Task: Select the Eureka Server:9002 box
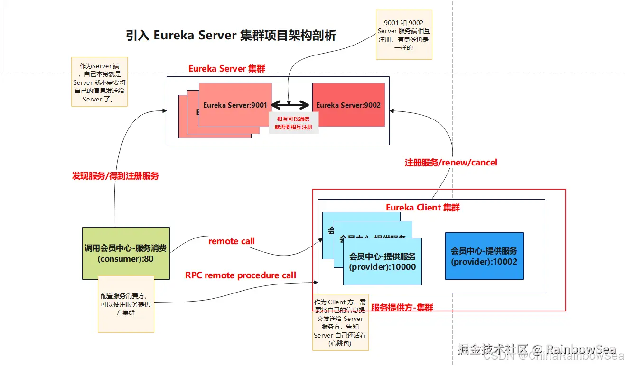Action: tap(348, 105)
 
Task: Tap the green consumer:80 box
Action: tap(126, 253)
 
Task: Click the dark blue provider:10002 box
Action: tap(484, 256)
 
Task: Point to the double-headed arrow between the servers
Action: tap(290, 105)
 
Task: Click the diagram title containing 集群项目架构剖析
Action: tap(231, 36)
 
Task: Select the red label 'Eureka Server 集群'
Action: tap(227, 68)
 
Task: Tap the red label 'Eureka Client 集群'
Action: tap(422, 207)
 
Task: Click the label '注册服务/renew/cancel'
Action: tap(451, 163)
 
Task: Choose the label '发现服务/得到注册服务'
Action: tap(115, 176)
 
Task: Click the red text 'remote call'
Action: tap(232, 241)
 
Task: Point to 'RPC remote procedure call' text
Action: tap(241, 275)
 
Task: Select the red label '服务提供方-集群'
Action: tap(402, 307)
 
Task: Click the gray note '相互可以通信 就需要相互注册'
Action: tap(293, 123)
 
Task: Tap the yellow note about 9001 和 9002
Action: tap(403, 35)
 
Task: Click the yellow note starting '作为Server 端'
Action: tap(99, 82)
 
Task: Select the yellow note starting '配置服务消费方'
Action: tap(126, 304)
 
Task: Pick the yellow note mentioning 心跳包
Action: tap(340, 322)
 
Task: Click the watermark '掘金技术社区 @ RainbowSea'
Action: tap(536, 349)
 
